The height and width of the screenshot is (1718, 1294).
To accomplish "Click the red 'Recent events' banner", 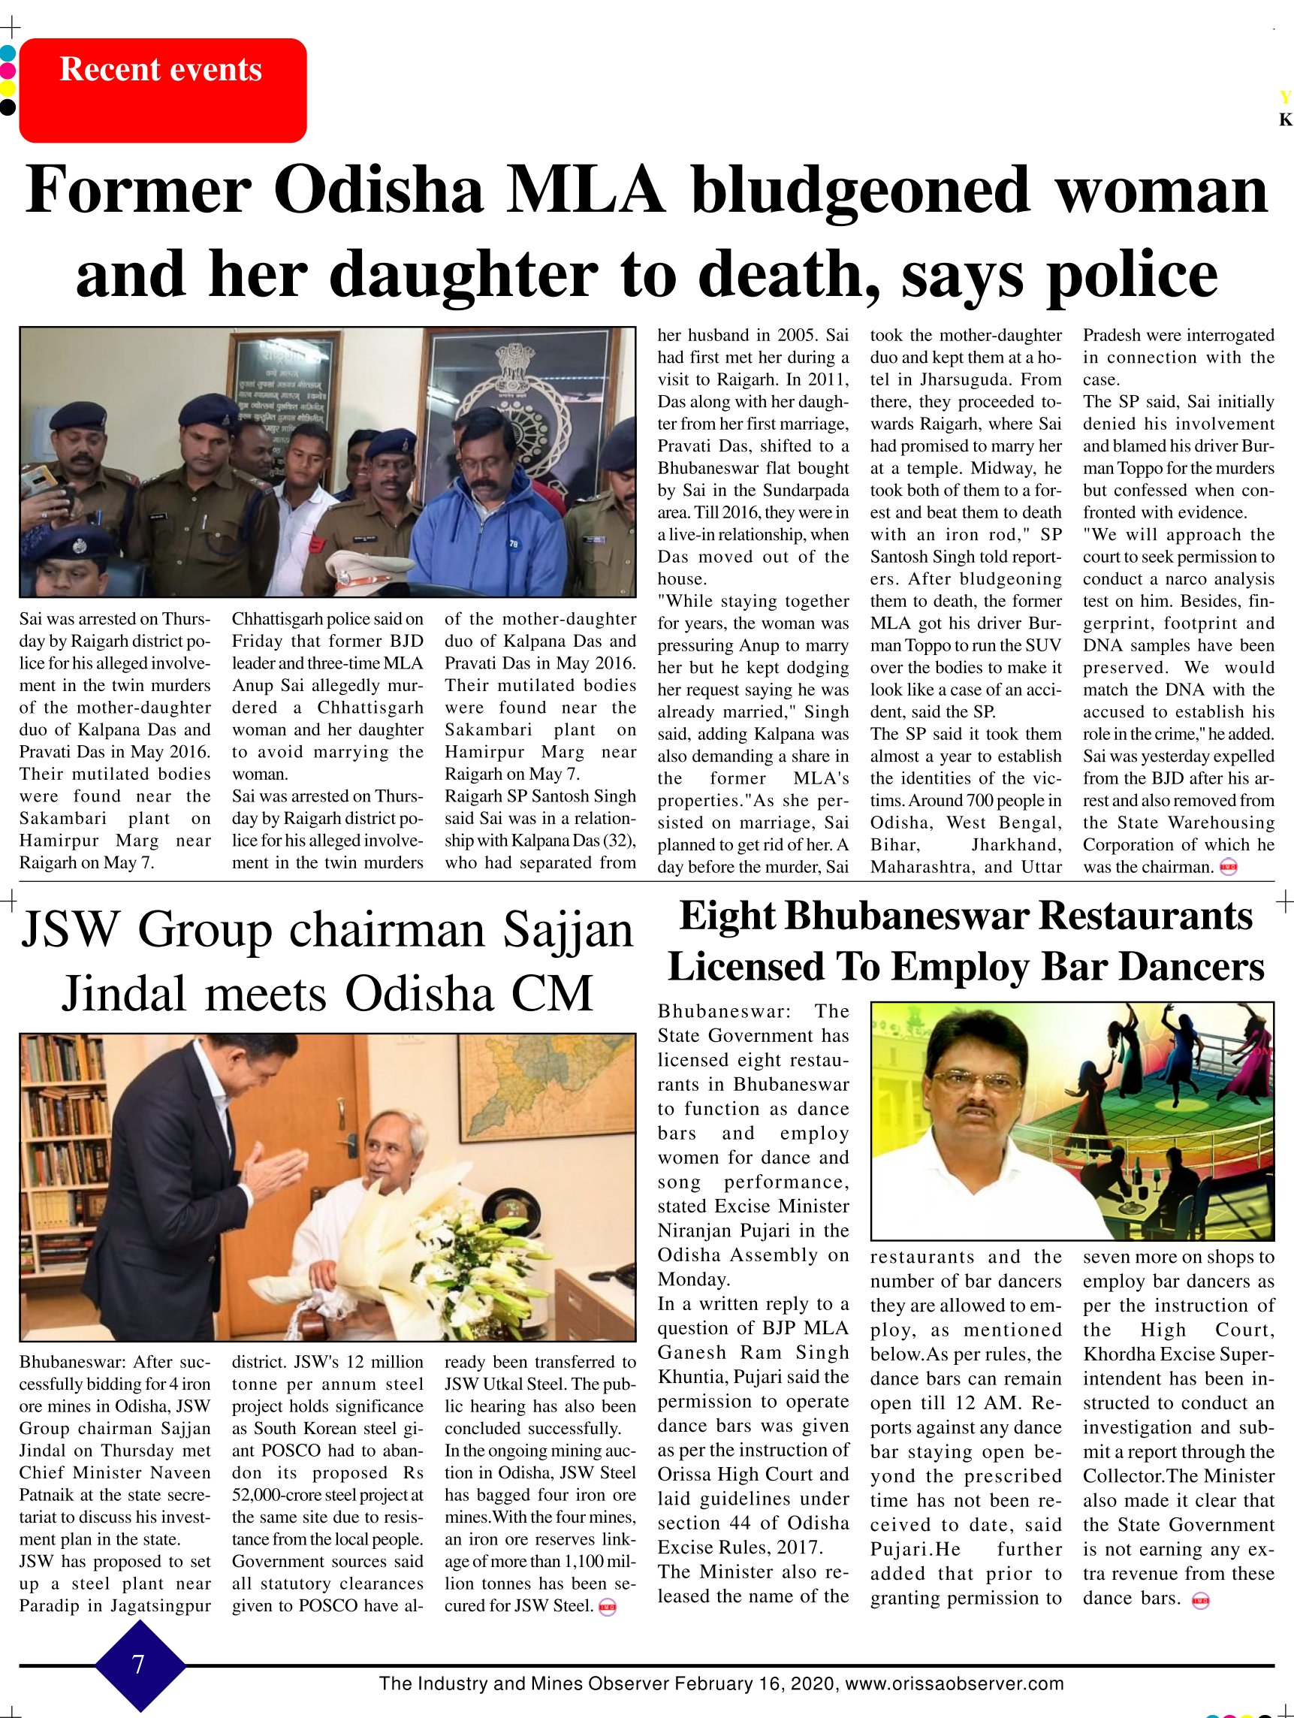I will point(162,90).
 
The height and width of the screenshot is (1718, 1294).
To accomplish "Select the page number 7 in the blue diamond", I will point(139,1665).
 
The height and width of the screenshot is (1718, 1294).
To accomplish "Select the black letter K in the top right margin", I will point(1285,120).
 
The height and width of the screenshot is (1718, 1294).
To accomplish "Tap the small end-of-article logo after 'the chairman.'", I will point(1228,868).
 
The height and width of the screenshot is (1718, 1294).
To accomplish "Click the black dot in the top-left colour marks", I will point(7,107).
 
